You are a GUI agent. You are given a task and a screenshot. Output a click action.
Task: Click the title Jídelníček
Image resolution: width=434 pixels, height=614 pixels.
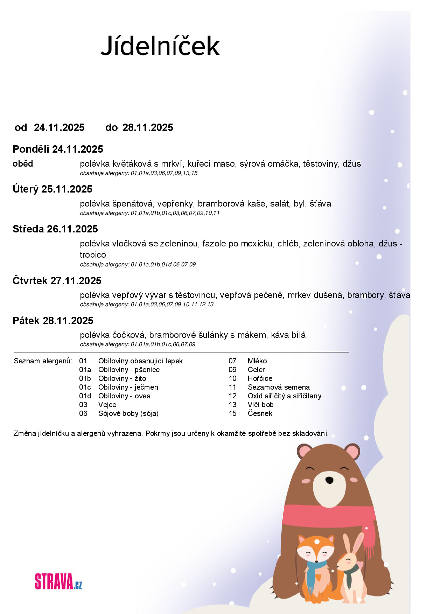(x=160, y=46)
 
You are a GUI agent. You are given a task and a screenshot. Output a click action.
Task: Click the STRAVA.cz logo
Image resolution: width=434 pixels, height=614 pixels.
(x=58, y=581)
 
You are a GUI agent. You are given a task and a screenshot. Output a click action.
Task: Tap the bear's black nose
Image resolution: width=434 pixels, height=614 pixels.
(x=329, y=480)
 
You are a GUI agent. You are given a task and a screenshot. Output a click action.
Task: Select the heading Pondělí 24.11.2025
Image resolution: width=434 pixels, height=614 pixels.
(x=58, y=149)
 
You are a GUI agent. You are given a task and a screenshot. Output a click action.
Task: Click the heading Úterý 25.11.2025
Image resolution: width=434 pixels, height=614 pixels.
(x=52, y=189)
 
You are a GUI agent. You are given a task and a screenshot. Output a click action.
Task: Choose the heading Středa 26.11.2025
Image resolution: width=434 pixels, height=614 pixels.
(x=55, y=229)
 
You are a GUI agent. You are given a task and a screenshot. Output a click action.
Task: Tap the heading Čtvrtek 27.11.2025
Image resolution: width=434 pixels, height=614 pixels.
(x=57, y=281)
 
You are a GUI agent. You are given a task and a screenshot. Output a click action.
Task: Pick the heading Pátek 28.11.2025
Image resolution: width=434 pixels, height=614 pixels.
(x=53, y=321)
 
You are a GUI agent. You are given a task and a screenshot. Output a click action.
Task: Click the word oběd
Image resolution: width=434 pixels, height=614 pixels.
(x=23, y=163)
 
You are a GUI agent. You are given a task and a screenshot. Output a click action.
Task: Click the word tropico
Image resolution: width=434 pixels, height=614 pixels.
(x=93, y=255)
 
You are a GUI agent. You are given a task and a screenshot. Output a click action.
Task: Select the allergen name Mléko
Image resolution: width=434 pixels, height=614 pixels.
(x=257, y=361)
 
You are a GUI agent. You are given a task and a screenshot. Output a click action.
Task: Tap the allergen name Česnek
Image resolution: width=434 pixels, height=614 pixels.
(x=260, y=413)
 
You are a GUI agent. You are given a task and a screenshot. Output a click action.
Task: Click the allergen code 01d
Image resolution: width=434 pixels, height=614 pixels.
(x=85, y=396)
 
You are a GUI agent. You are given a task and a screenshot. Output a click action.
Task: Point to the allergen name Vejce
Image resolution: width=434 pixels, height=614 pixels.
(x=107, y=405)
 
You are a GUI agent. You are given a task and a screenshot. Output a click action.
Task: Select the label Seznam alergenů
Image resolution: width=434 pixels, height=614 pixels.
(x=43, y=361)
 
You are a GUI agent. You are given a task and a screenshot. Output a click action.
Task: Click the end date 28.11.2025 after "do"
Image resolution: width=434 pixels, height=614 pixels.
(x=148, y=127)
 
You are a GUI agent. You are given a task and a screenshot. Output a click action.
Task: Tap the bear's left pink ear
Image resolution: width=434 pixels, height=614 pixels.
(x=304, y=451)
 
